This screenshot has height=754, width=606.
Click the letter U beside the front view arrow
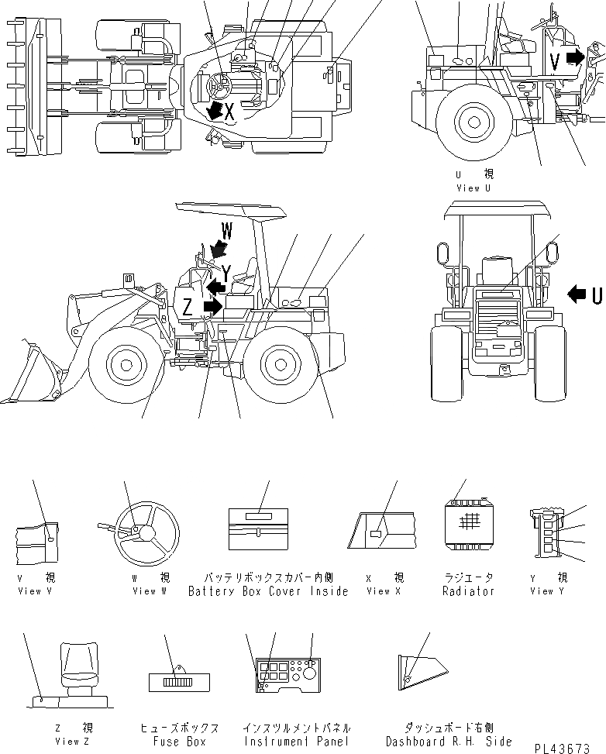(x=597, y=294)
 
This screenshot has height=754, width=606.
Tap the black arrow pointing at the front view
(x=578, y=294)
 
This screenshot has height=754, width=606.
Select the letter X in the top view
(x=229, y=112)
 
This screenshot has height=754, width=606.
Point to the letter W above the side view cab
(x=227, y=230)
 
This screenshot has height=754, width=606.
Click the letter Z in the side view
(x=188, y=307)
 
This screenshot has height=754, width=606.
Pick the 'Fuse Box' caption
(x=178, y=742)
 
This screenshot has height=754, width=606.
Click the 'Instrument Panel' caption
(x=296, y=742)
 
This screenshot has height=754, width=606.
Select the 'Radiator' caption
(x=468, y=591)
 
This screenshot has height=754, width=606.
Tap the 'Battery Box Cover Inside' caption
(x=268, y=591)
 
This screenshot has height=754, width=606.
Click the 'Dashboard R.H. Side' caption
(x=438, y=742)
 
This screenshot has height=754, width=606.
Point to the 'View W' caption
(x=149, y=591)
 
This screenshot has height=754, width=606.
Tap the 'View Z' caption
(x=67, y=742)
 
